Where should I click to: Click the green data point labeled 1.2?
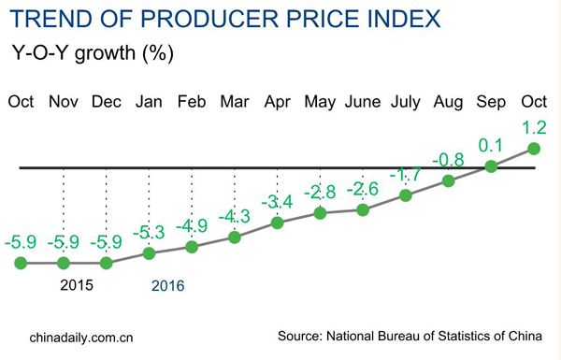(x=535, y=148)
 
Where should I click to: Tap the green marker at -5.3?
(x=148, y=253)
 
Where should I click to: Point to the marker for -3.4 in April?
(x=277, y=223)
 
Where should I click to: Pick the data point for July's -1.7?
(x=406, y=195)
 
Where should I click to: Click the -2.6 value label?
(x=364, y=189)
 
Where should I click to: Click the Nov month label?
(x=63, y=100)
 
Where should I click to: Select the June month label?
(x=364, y=100)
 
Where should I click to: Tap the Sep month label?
(x=492, y=100)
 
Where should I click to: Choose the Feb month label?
(x=192, y=100)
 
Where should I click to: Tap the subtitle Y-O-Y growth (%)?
(x=92, y=52)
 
